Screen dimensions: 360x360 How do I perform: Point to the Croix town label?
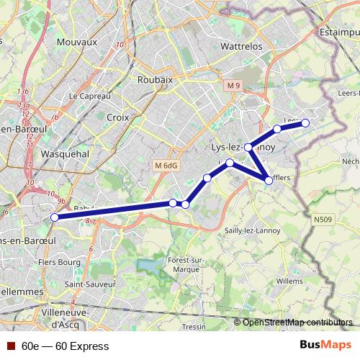click(117, 117)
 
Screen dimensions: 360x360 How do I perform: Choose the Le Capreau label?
click(89, 96)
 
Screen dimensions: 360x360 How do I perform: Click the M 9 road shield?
click(231, 86)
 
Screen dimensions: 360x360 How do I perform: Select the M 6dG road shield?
click(166, 166)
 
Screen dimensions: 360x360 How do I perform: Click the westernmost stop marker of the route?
click(55, 217)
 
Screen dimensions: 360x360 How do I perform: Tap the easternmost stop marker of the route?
click(305, 123)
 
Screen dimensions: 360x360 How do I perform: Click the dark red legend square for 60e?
click(9, 346)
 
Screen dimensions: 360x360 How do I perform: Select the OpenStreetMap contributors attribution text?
click(297, 322)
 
